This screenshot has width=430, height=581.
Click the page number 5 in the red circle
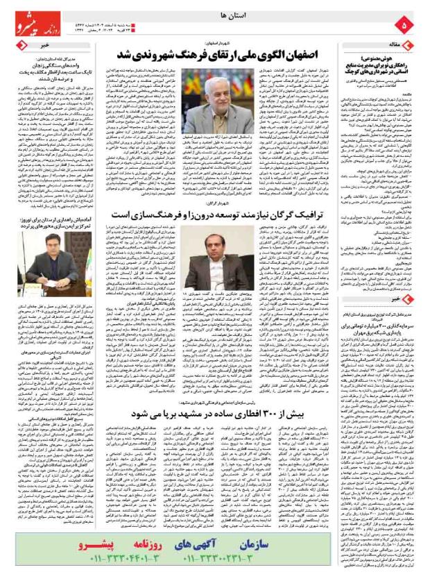click(x=406, y=25)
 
